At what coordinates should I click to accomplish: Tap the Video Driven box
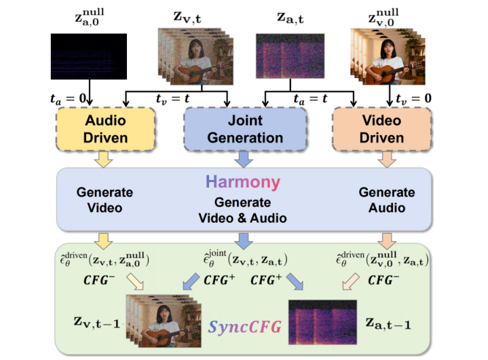(x=382, y=129)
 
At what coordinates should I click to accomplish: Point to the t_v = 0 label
(x=413, y=98)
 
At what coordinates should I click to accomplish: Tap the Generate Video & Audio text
(x=242, y=210)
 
